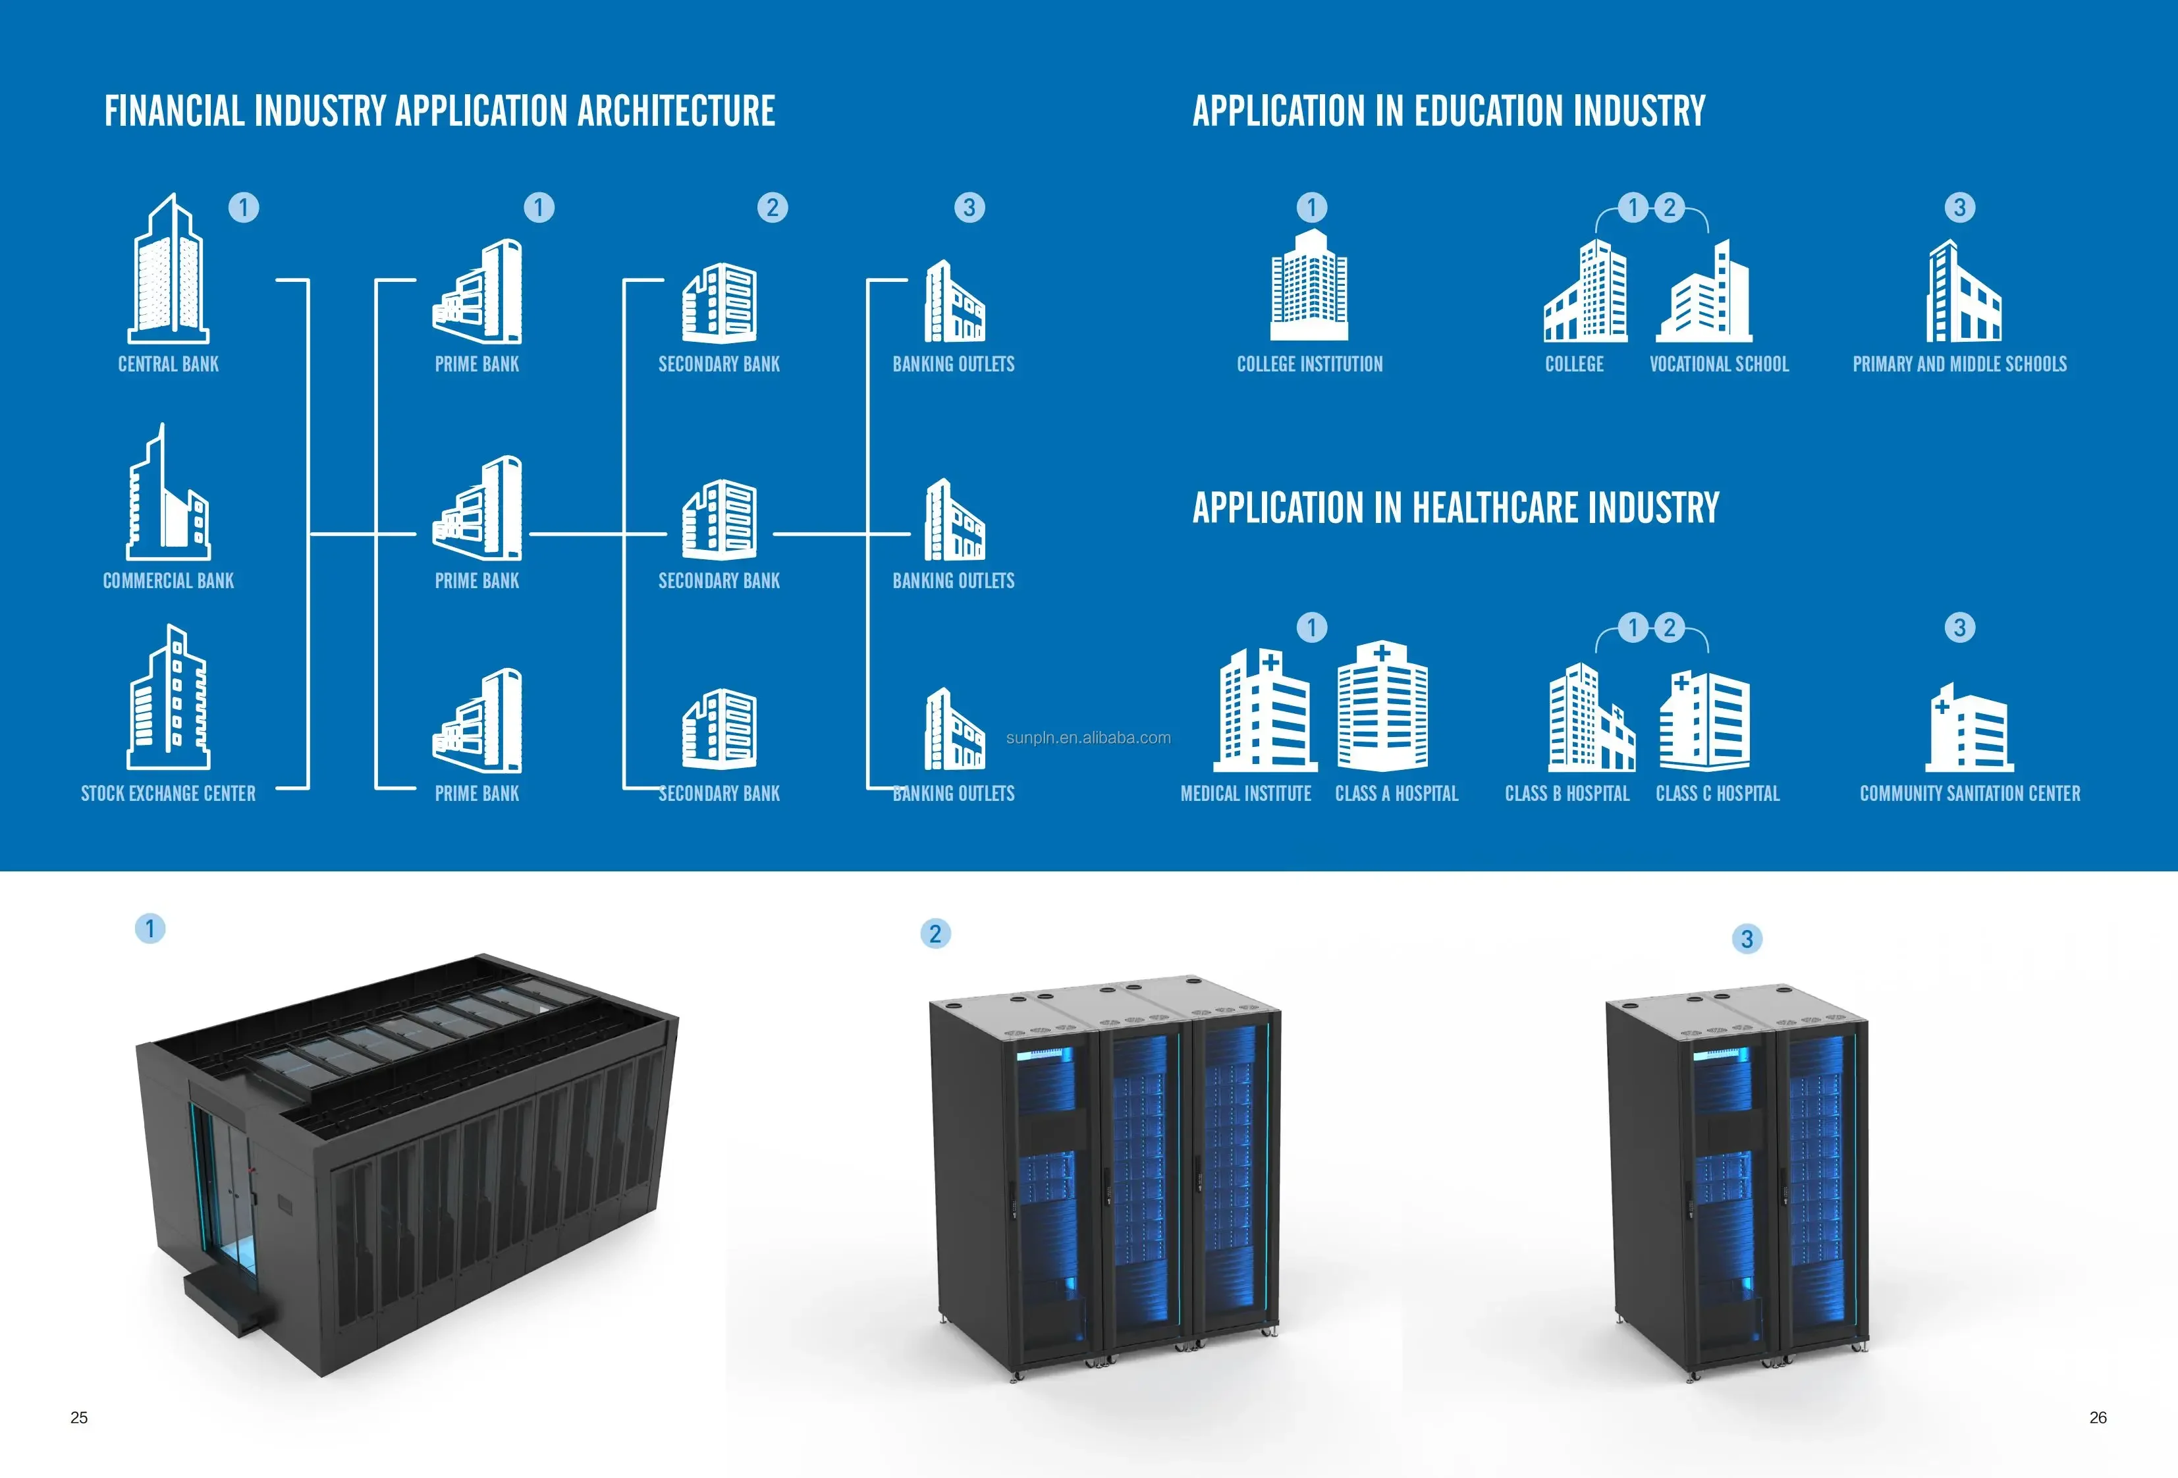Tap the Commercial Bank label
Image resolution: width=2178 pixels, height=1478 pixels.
tap(169, 581)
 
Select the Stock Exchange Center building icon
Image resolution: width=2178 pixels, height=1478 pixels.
tap(169, 698)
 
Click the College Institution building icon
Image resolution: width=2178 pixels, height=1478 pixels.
tap(1309, 286)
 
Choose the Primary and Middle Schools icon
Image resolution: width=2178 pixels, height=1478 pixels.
tap(1963, 292)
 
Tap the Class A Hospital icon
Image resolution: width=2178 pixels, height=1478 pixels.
tap(1382, 707)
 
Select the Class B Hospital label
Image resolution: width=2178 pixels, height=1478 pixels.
tap(1567, 794)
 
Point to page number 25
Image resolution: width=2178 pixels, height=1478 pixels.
tap(80, 1418)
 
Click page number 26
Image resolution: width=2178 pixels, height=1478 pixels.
tap(2098, 1418)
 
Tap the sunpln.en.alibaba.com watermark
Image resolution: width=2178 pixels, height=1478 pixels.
tap(1088, 738)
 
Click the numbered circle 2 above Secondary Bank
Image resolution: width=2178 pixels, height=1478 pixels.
tap(773, 207)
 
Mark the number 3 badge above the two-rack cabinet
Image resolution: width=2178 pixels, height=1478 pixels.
tap(1747, 939)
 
